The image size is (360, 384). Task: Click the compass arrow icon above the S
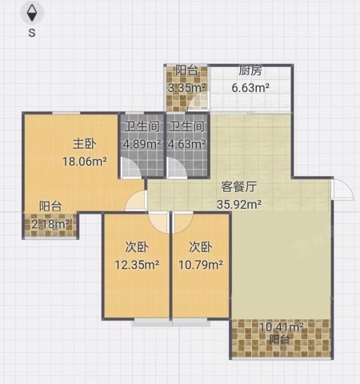(x=32, y=13)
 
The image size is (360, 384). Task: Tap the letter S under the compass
(x=32, y=33)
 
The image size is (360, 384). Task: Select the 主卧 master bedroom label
(x=85, y=144)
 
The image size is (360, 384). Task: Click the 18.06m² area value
(x=85, y=162)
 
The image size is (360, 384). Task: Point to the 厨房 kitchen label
(x=250, y=70)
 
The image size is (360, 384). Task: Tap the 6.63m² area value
(x=250, y=88)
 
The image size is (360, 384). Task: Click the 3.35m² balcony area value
(x=186, y=88)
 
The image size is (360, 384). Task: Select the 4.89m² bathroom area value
(x=142, y=144)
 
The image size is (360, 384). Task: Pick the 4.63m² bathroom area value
(x=186, y=144)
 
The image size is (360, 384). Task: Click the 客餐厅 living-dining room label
(x=239, y=187)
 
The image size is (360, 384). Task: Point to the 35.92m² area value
(x=239, y=204)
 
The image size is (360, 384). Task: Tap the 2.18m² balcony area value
(x=50, y=224)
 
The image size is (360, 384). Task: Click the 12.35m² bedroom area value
(x=137, y=265)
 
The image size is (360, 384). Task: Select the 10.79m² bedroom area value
(x=201, y=265)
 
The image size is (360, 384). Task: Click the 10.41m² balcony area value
(x=282, y=326)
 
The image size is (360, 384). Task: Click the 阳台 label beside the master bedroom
(x=50, y=206)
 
